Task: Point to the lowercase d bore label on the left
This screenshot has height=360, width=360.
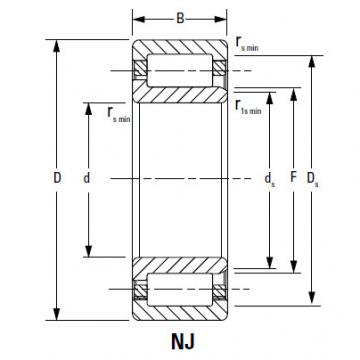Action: point(89,178)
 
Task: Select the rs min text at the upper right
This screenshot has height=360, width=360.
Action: point(249,44)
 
